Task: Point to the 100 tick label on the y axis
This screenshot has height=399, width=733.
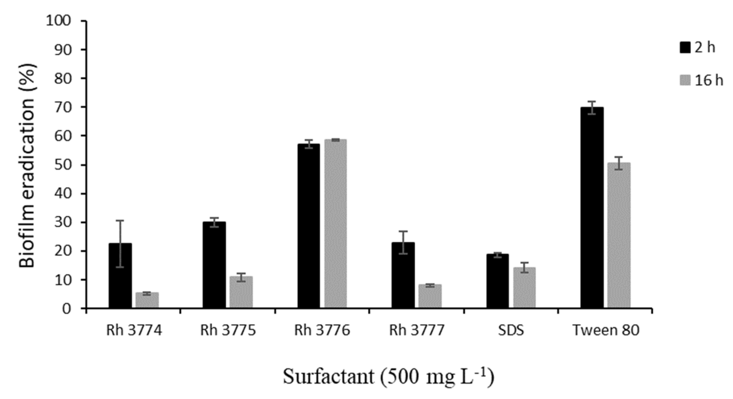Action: (x=58, y=21)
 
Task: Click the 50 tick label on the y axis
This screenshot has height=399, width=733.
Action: (x=62, y=165)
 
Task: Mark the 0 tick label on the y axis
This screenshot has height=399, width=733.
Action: (x=67, y=309)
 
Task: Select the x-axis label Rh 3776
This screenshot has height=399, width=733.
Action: (x=322, y=330)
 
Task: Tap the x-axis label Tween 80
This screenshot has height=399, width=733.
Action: (x=606, y=330)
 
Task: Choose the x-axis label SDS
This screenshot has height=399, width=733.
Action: (x=511, y=330)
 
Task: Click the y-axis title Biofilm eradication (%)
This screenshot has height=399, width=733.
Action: (x=27, y=165)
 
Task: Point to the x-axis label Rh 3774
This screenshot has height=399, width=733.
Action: (x=134, y=330)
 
